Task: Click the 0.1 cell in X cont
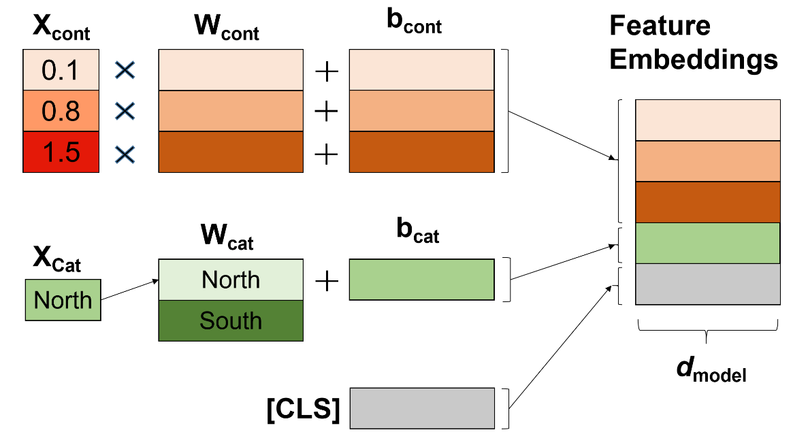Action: (62, 70)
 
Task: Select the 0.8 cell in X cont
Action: (62, 111)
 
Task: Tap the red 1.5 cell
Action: (62, 152)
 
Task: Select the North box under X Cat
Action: (63, 300)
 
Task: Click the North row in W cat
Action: (231, 280)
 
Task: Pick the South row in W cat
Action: (231, 320)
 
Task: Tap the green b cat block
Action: (421, 280)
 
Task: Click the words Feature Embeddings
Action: (693, 43)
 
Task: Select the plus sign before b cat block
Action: (327, 280)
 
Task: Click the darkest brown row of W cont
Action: (231, 152)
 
